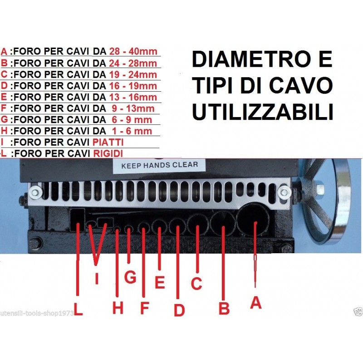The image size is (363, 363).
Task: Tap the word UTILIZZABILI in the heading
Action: (x=263, y=112)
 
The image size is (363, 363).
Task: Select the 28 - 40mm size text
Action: (x=133, y=51)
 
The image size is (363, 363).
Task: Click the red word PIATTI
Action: (x=108, y=142)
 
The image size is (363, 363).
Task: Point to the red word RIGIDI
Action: (x=108, y=153)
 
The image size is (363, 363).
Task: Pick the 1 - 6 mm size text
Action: (x=132, y=131)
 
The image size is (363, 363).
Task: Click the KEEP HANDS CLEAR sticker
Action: (x=160, y=165)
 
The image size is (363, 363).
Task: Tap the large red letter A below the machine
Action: (x=255, y=303)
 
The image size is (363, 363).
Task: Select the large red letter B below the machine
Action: (x=224, y=308)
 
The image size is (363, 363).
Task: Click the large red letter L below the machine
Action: (x=78, y=309)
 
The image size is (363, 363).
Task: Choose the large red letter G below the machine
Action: (x=130, y=277)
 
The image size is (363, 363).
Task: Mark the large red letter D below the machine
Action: (x=179, y=310)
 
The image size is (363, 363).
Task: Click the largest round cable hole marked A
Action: (x=253, y=219)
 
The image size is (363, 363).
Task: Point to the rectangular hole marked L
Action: (x=78, y=220)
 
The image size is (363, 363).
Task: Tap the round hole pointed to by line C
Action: (x=198, y=224)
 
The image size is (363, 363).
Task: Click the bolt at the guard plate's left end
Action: (x=35, y=192)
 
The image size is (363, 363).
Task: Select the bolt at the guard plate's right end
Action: (x=285, y=192)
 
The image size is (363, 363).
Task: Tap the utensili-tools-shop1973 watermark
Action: (x=37, y=313)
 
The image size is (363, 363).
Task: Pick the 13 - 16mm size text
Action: (x=133, y=97)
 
